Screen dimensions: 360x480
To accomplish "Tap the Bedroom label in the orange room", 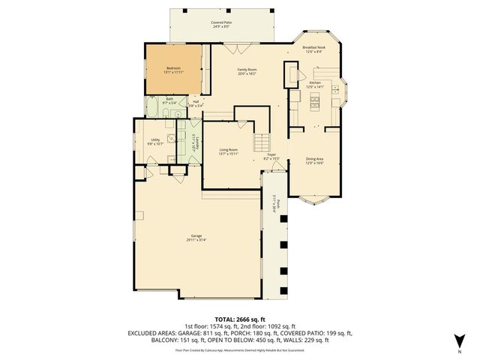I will point(173,68).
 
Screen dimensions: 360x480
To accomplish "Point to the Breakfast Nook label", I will point(314,47).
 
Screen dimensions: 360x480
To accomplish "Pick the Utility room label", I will point(155,139).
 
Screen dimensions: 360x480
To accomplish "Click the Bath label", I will point(170,98).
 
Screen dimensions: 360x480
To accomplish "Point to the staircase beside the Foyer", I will point(261,142).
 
